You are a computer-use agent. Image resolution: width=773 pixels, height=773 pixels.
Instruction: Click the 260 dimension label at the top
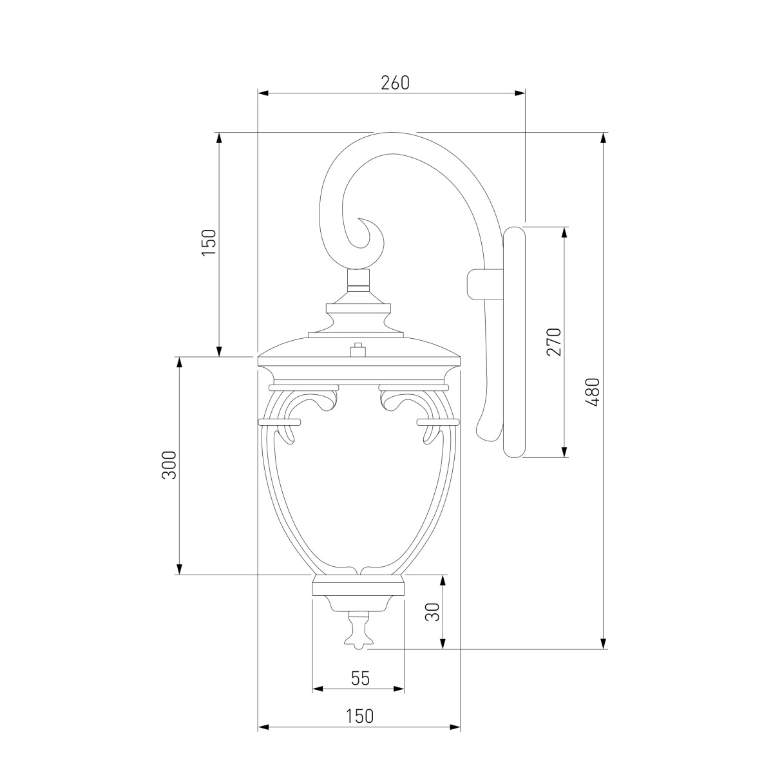[395, 82]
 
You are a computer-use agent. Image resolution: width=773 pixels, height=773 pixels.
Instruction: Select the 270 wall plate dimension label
[554, 342]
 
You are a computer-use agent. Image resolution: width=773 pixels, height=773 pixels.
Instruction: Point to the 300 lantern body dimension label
[169, 465]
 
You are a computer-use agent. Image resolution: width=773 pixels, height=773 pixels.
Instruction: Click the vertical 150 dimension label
[209, 243]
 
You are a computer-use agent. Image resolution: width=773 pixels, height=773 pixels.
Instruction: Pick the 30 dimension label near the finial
[433, 612]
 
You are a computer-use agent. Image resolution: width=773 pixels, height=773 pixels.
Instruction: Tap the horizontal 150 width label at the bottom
[359, 716]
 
